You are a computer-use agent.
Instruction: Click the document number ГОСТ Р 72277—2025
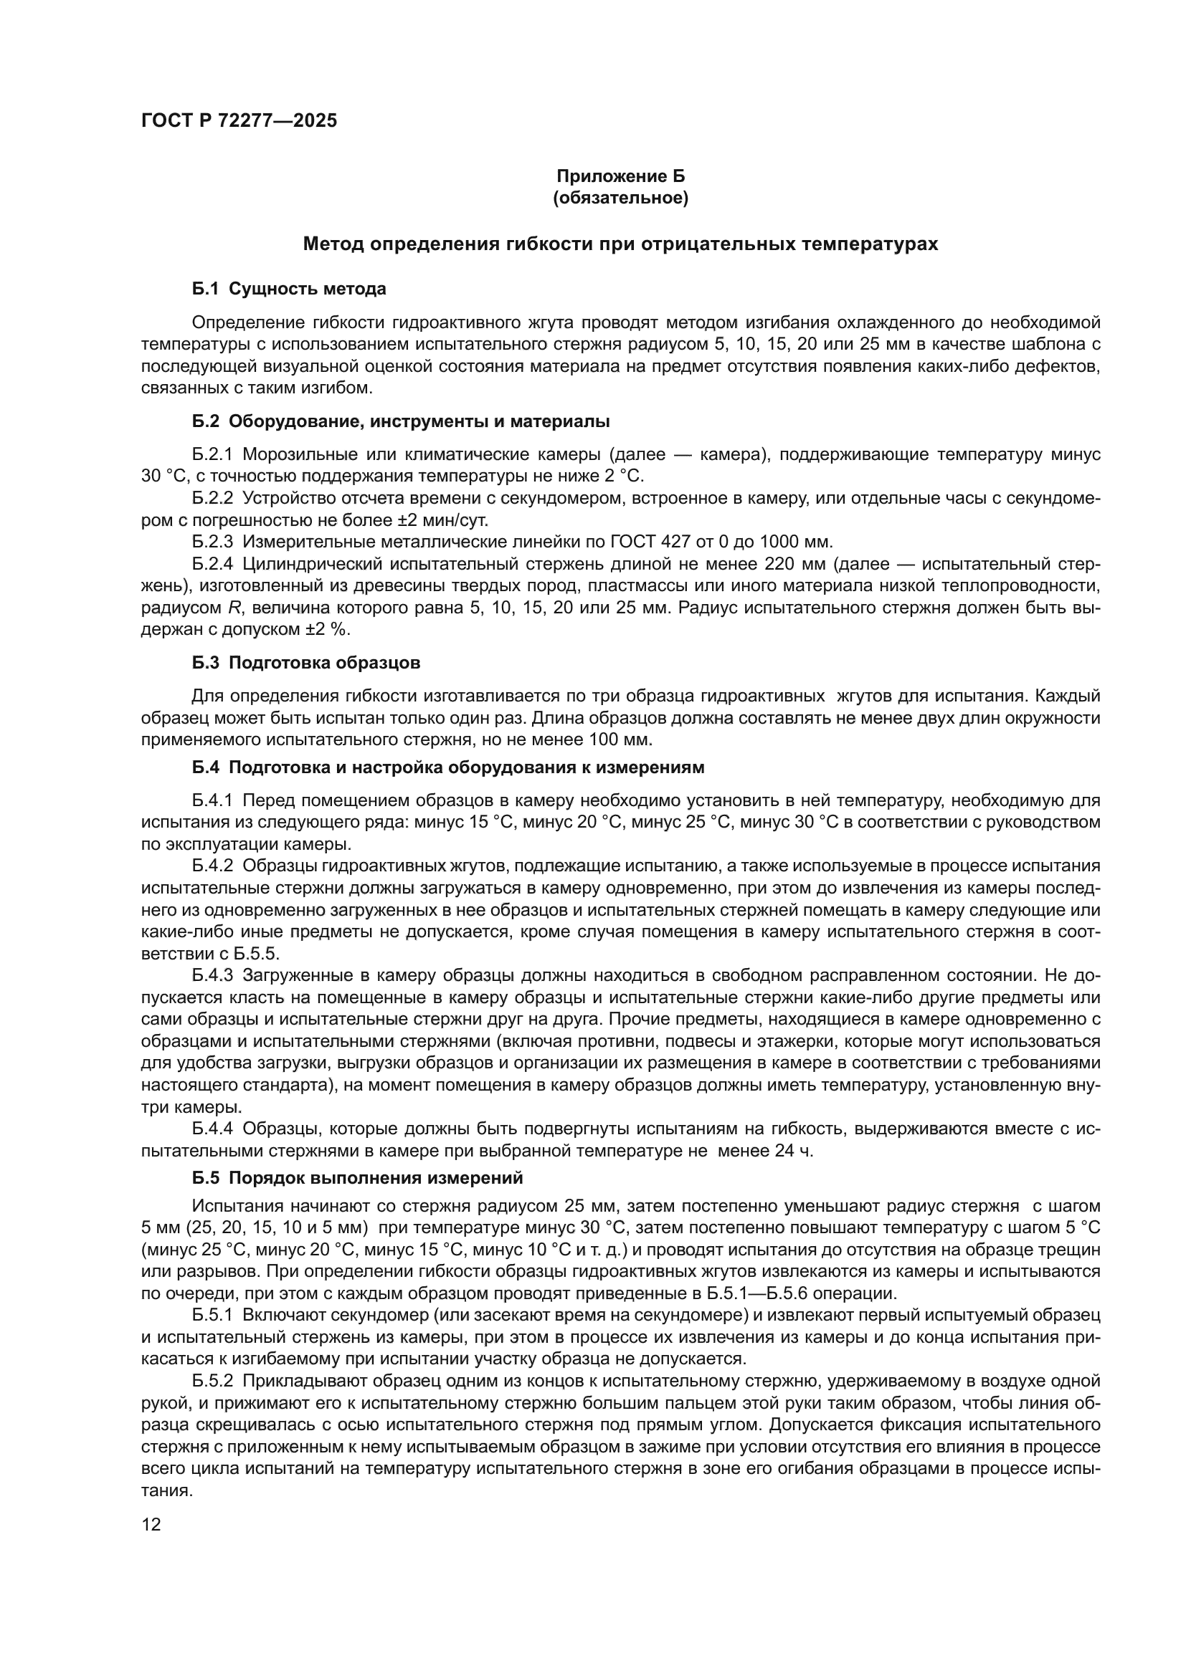pyautogui.click(x=239, y=121)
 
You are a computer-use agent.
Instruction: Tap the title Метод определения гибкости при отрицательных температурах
pyautogui.click(x=620, y=244)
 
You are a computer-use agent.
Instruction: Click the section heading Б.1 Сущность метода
pyautogui.click(x=289, y=289)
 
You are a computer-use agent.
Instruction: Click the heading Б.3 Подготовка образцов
pyautogui.click(x=306, y=663)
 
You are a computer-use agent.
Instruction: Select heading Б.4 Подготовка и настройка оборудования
pyautogui.click(x=448, y=767)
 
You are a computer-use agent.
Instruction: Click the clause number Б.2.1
pyautogui.click(x=212, y=455)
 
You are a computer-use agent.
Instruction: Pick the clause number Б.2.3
pyautogui.click(x=212, y=542)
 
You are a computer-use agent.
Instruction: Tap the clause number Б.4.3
pyautogui.click(x=212, y=975)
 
